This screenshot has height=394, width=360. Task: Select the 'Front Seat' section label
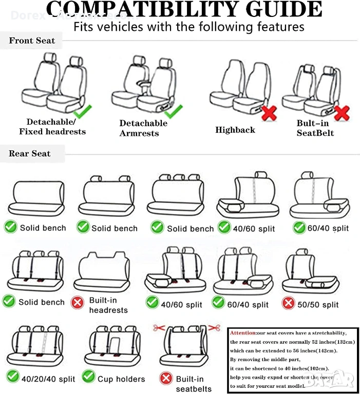pyautogui.click(x=32, y=41)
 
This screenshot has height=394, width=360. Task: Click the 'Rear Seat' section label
pyautogui.click(x=30, y=153)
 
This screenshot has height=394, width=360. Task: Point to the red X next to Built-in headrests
pyautogui.click(x=78, y=303)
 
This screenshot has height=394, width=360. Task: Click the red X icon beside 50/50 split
pyautogui.click(x=289, y=303)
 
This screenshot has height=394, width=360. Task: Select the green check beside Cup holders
pyautogui.click(x=88, y=378)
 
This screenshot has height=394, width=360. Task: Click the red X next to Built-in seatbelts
pyautogui.click(x=165, y=379)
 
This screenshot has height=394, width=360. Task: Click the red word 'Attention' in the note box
pyautogui.click(x=243, y=333)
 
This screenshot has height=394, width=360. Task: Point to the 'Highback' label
pyautogui.click(x=235, y=130)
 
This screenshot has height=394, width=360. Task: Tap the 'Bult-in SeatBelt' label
pyautogui.click(x=315, y=128)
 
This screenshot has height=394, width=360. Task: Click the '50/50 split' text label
pyautogui.click(x=318, y=305)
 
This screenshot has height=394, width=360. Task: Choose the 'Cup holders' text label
pyautogui.click(x=121, y=379)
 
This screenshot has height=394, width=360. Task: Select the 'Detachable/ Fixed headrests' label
pyautogui.click(x=52, y=127)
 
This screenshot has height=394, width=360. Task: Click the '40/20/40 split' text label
pyautogui.click(x=48, y=379)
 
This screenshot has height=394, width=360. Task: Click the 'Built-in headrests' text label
pyautogui.click(x=108, y=305)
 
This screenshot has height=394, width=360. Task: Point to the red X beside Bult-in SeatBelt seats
pyautogui.click(x=342, y=112)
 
